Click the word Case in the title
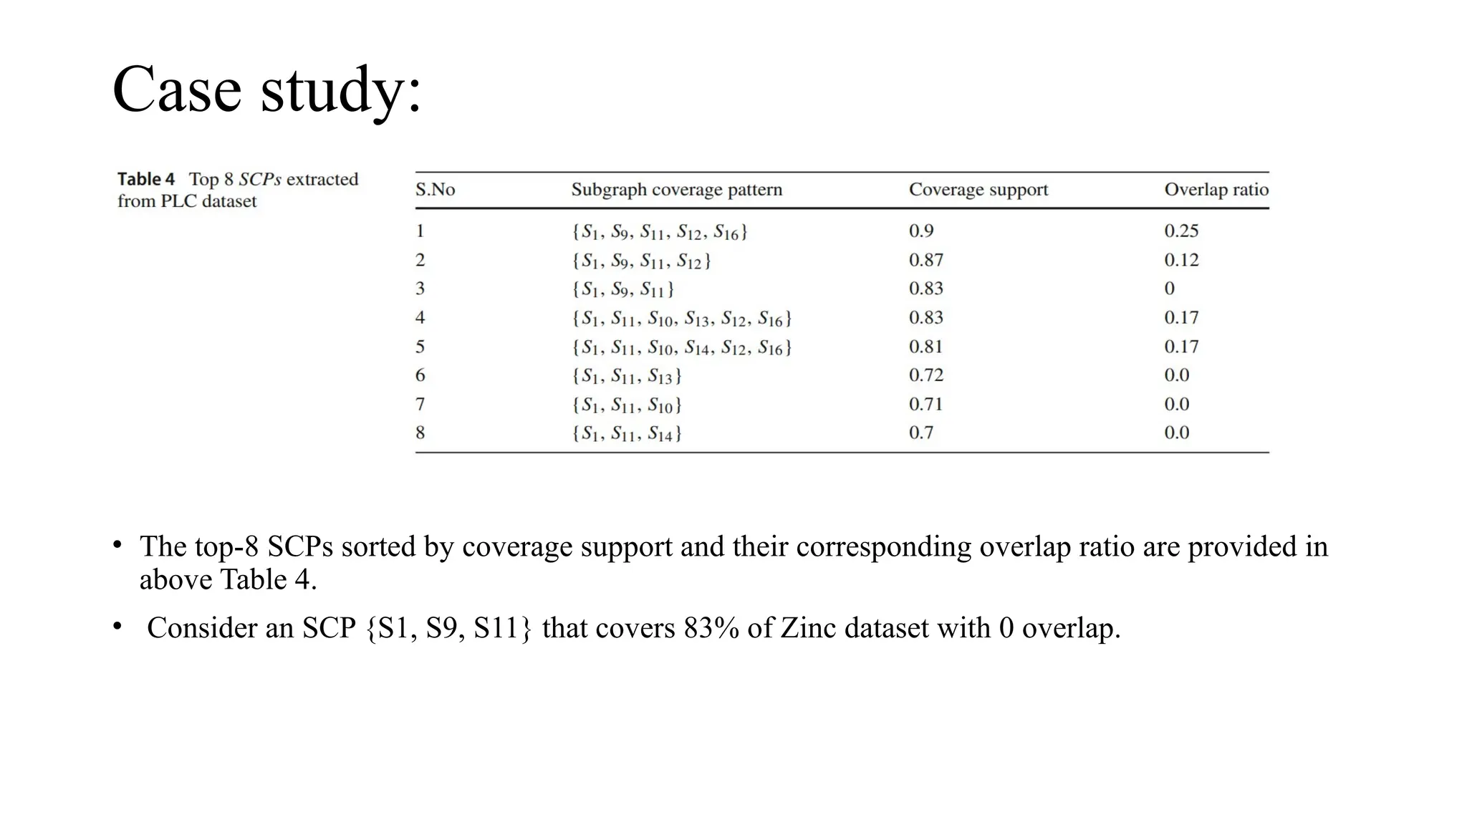[x=177, y=90]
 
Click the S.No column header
[x=435, y=190]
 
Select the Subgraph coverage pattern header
[x=676, y=190]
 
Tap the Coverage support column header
[x=978, y=190]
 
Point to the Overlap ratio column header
[x=1216, y=190]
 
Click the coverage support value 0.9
[x=921, y=231]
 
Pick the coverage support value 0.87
[x=925, y=260]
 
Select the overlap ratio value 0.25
[x=1180, y=231]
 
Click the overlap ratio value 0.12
[x=1180, y=260]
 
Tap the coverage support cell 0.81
[x=925, y=347]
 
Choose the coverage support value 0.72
[x=925, y=375]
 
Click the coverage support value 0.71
[x=925, y=404]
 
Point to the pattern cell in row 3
[x=622, y=289]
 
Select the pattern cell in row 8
[x=626, y=433]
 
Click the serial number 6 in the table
[x=420, y=375]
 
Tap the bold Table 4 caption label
[x=146, y=179]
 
